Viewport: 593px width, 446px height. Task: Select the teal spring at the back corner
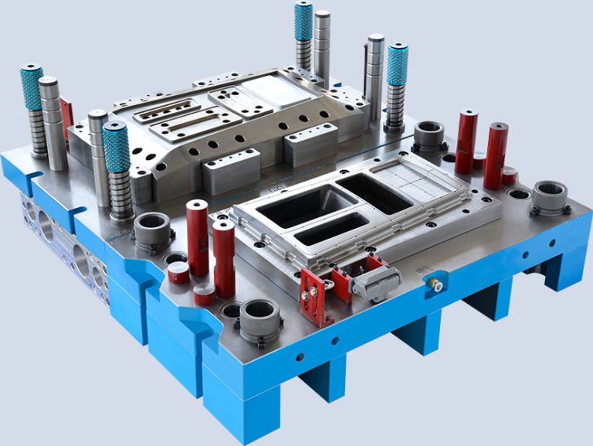click(303, 22)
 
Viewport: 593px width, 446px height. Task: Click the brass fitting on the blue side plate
click(437, 285)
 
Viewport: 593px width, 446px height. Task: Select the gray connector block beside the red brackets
click(373, 279)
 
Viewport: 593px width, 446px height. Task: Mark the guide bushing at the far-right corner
click(550, 197)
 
